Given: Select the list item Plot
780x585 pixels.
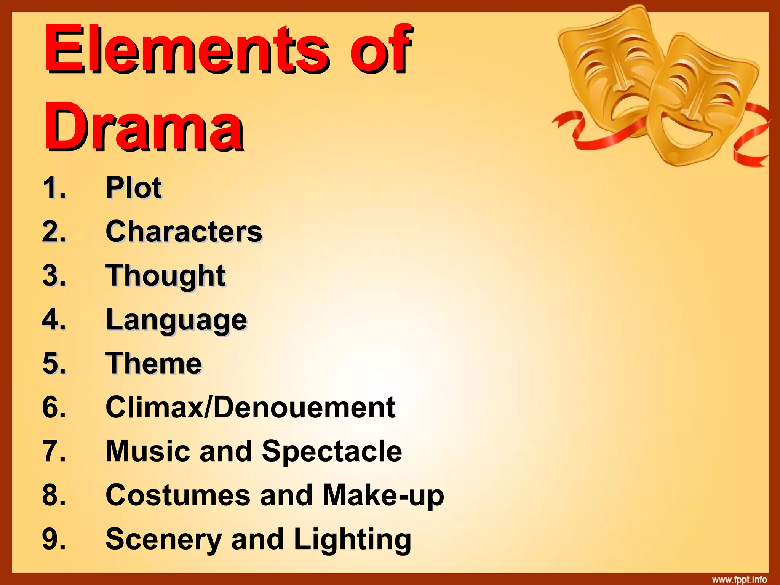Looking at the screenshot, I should point(134,187).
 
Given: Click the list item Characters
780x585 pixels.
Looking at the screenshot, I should point(184,231).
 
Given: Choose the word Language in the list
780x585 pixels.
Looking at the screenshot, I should point(176,320).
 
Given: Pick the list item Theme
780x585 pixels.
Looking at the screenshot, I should point(153,363).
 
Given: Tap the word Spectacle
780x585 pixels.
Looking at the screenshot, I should point(332,451).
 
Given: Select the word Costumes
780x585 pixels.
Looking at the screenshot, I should point(177,495).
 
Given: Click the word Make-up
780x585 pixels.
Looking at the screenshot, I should point(383,495).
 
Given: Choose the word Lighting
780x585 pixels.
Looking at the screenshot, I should point(352,539).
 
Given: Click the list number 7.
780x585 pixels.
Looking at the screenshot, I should point(54,451).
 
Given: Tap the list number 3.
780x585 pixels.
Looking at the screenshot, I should point(54,275).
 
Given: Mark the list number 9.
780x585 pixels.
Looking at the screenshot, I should point(54,539).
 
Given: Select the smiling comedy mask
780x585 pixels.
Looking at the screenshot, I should point(701,99).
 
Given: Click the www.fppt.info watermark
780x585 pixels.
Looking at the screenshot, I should point(739,579).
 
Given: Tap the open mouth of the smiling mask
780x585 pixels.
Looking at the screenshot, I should point(686,133).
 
